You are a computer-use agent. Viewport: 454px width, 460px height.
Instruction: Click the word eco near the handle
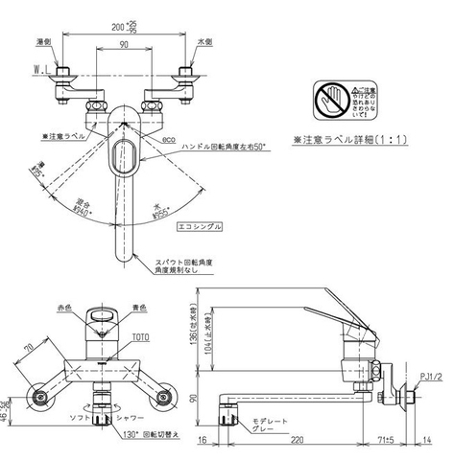pos(171,139)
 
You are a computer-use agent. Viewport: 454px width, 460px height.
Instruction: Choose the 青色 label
pos(139,310)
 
